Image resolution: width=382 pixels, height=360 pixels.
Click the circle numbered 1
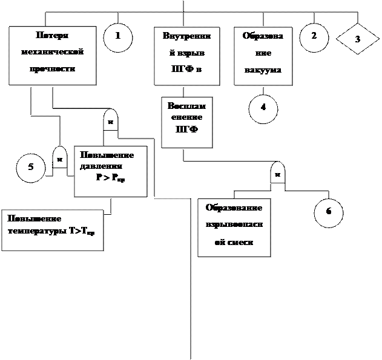point(118,37)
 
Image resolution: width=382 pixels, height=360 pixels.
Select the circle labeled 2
point(314,37)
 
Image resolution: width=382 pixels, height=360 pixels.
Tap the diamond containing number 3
point(357,39)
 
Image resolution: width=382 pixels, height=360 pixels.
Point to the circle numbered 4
point(263,109)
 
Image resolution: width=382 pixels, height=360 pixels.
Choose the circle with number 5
point(31,168)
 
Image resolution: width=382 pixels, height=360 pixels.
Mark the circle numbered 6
point(329,212)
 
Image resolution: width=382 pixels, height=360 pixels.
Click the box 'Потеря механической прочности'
point(52,55)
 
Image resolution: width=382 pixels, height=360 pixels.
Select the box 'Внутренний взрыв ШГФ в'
point(186,55)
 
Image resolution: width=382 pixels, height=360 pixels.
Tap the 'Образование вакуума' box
point(263,55)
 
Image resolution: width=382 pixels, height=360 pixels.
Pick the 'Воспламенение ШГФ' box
point(186,122)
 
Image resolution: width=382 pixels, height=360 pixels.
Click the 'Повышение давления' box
point(110,171)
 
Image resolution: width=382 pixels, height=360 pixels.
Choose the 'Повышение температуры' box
point(52,230)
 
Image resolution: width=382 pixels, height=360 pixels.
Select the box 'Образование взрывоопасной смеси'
point(234,227)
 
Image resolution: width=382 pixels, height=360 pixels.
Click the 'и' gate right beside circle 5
point(59,158)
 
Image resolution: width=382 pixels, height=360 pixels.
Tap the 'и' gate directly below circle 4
point(277,173)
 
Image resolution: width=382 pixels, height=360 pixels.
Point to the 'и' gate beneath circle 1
point(110,120)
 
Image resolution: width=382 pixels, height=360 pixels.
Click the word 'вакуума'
point(263,70)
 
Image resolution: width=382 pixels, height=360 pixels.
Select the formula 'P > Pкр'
point(110,178)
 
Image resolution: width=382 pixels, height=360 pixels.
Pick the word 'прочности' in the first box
point(52,69)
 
